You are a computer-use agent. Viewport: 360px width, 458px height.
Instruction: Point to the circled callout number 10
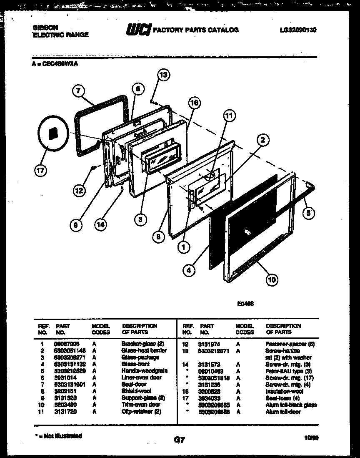(271, 280)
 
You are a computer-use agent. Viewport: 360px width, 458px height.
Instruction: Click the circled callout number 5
(308, 213)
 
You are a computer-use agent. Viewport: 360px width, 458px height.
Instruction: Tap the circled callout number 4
(189, 270)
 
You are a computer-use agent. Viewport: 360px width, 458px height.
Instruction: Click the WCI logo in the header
(138, 30)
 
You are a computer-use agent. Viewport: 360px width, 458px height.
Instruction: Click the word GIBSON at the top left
(45, 28)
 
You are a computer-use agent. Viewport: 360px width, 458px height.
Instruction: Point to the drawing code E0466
(247, 304)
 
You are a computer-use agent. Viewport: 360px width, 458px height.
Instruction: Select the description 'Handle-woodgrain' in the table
(144, 370)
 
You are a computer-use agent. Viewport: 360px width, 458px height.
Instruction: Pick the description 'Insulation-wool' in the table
(284, 391)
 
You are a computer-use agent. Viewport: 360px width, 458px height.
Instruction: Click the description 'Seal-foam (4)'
(282, 398)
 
